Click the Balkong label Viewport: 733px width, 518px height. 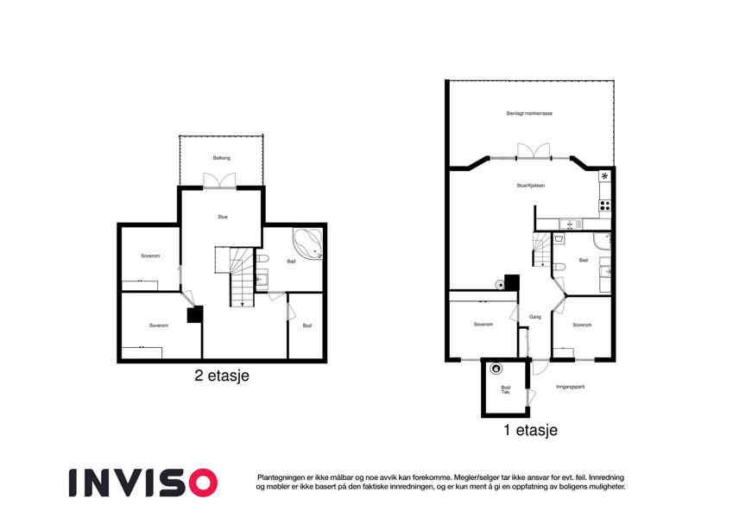(222, 158)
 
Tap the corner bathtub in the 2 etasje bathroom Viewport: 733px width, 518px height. (308, 243)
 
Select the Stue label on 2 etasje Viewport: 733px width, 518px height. (223, 217)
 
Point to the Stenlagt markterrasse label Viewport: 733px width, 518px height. (529, 114)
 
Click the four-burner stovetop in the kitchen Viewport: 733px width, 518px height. (605, 205)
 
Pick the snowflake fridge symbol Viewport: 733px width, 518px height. (605, 176)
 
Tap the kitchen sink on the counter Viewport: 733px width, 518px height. (571, 224)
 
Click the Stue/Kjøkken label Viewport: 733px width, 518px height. (531, 186)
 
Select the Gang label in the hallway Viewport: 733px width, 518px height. (534, 317)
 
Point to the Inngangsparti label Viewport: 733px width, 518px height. (571, 387)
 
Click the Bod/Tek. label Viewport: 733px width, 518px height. (506, 390)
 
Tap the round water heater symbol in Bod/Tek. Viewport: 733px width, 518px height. (496, 369)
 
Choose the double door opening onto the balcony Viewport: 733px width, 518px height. (219, 181)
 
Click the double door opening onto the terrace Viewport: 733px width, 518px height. (534, 151)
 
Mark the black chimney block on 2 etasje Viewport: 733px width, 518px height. (195, 314)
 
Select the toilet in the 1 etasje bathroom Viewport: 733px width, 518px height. (559, 267)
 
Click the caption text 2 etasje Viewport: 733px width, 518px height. (222, 376)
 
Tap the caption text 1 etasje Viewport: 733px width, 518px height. (530, 430)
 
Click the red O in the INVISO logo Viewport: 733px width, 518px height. (204, 483)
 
